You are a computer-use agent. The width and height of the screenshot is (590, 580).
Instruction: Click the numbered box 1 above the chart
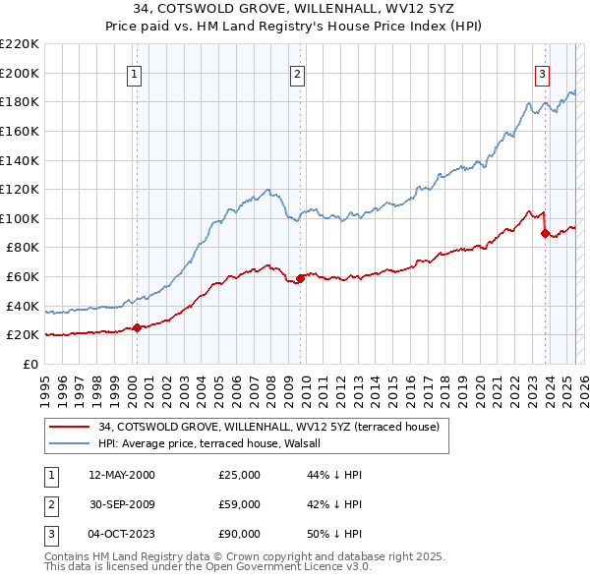134,72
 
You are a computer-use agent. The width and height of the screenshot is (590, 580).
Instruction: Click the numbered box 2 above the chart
297,72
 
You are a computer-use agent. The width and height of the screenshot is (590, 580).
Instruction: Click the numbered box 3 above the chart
542,72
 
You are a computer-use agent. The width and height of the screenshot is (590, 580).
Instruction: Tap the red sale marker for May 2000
138,327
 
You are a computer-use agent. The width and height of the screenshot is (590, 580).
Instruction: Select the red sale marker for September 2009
301,278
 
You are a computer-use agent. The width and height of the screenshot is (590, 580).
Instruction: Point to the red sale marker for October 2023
545,233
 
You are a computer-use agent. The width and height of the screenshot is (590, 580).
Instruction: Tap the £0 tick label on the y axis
29,364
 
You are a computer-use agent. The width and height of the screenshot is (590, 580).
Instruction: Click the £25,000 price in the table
240,476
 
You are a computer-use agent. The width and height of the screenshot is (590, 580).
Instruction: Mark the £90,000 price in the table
240,535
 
